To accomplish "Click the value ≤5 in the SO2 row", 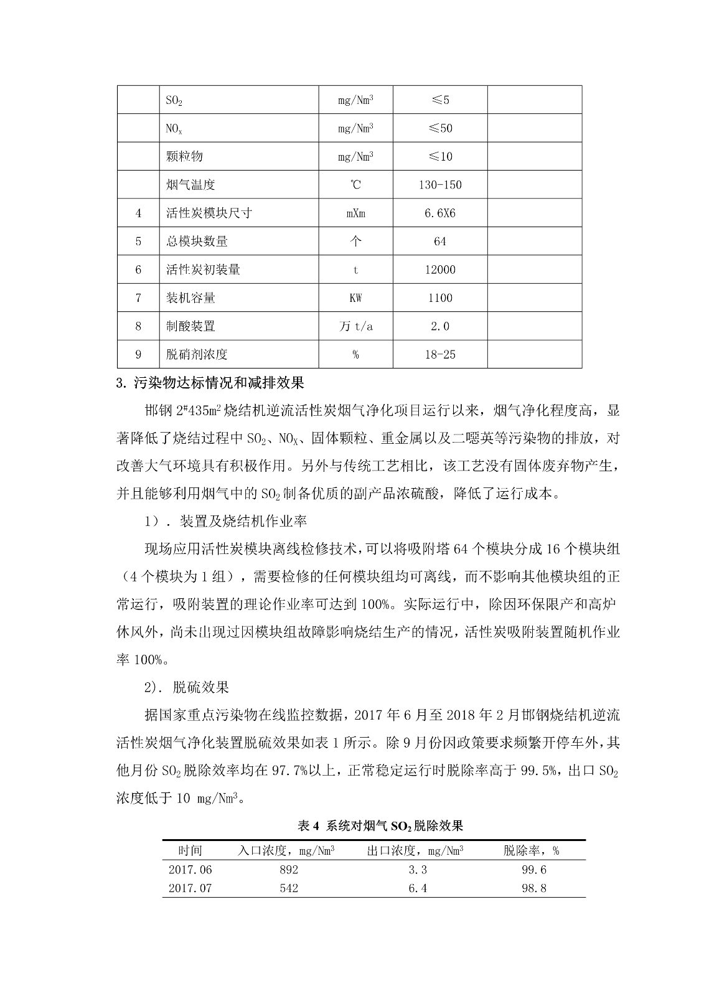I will pyautogui.click(x=440, y=100).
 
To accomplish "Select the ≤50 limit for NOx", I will pyautogui.click(x=440, y=128).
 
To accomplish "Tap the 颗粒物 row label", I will pyautogui.click(x=184, y=156).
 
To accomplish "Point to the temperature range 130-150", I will pyautogui.click(x=440, y=185).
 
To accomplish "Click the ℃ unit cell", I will pyautogui.click(x=355, y=185).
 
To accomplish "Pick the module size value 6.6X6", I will pyautogui.click(x=440, y=213).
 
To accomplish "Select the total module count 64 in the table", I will pyautogui.click(x=440, y=242).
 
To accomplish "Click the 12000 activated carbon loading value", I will pyautogui.click(x=440, y=270).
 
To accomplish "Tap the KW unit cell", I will pyautogui.click(x=355, y=298).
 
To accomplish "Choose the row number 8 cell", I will pyautogui.click(x=138, y=326).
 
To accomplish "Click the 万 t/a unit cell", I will pyautogui.click(x=355, y=326).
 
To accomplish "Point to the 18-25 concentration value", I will pyautogui.click(x=440, y=355).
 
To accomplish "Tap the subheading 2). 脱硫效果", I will pyautogui.click(x=187, y=687).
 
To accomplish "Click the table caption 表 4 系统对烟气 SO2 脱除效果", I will pyautogui.click(x=380, y=826).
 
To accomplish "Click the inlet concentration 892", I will pyautogui.click(x=289, y=870).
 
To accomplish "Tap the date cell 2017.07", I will pyautogui.click(x=190, y=888).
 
